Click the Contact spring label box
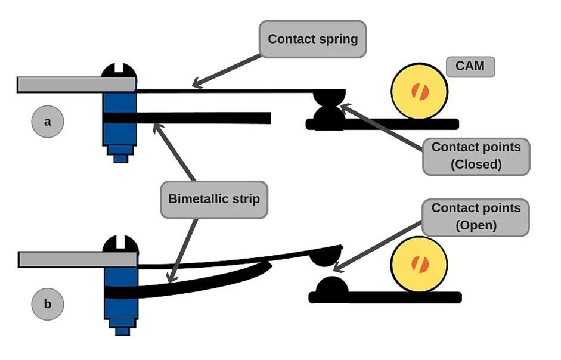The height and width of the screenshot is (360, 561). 312,40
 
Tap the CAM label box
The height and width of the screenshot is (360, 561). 470,66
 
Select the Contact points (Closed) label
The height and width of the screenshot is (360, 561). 476,155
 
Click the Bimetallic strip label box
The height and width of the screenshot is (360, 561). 214,199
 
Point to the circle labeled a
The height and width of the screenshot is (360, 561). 48,122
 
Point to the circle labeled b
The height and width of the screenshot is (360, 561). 48,304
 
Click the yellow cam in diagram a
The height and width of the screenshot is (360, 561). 419,91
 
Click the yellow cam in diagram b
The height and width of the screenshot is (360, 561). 419,264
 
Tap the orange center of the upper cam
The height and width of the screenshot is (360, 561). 419,91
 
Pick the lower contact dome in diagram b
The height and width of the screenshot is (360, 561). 332,287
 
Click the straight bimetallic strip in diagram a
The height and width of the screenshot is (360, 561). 203,119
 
